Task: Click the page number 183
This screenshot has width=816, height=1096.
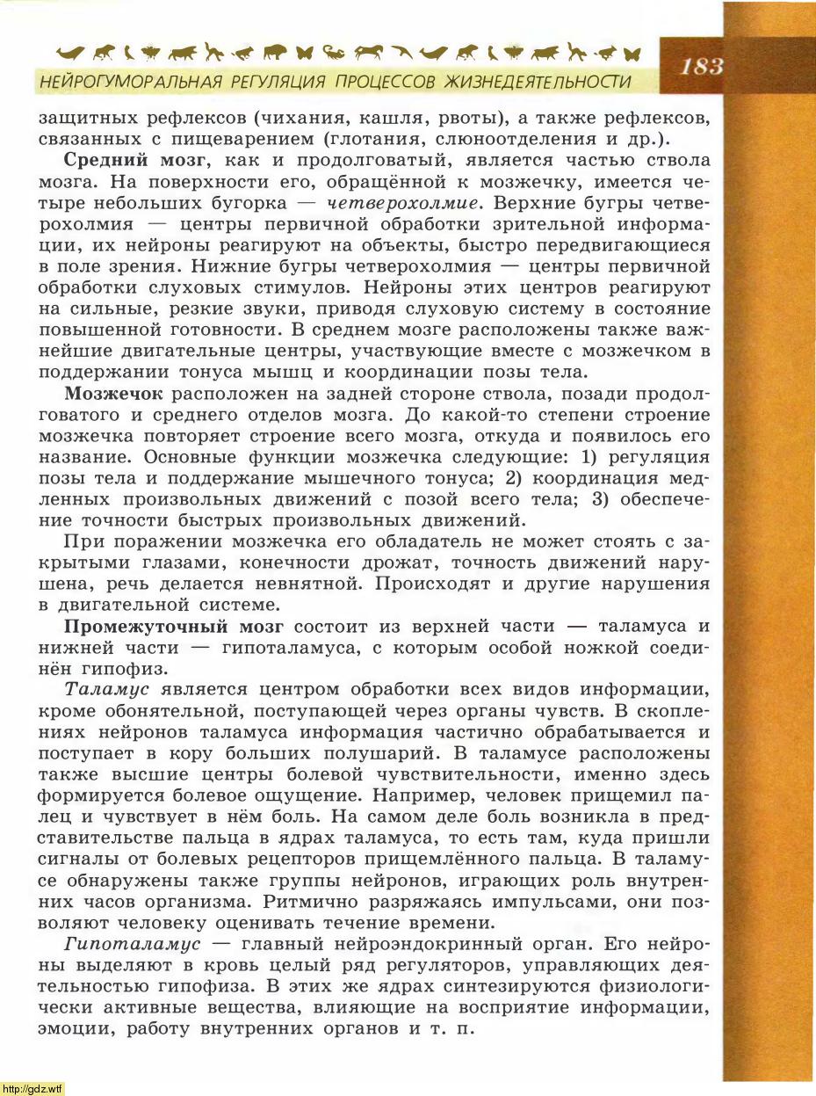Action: coord(700,66)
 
